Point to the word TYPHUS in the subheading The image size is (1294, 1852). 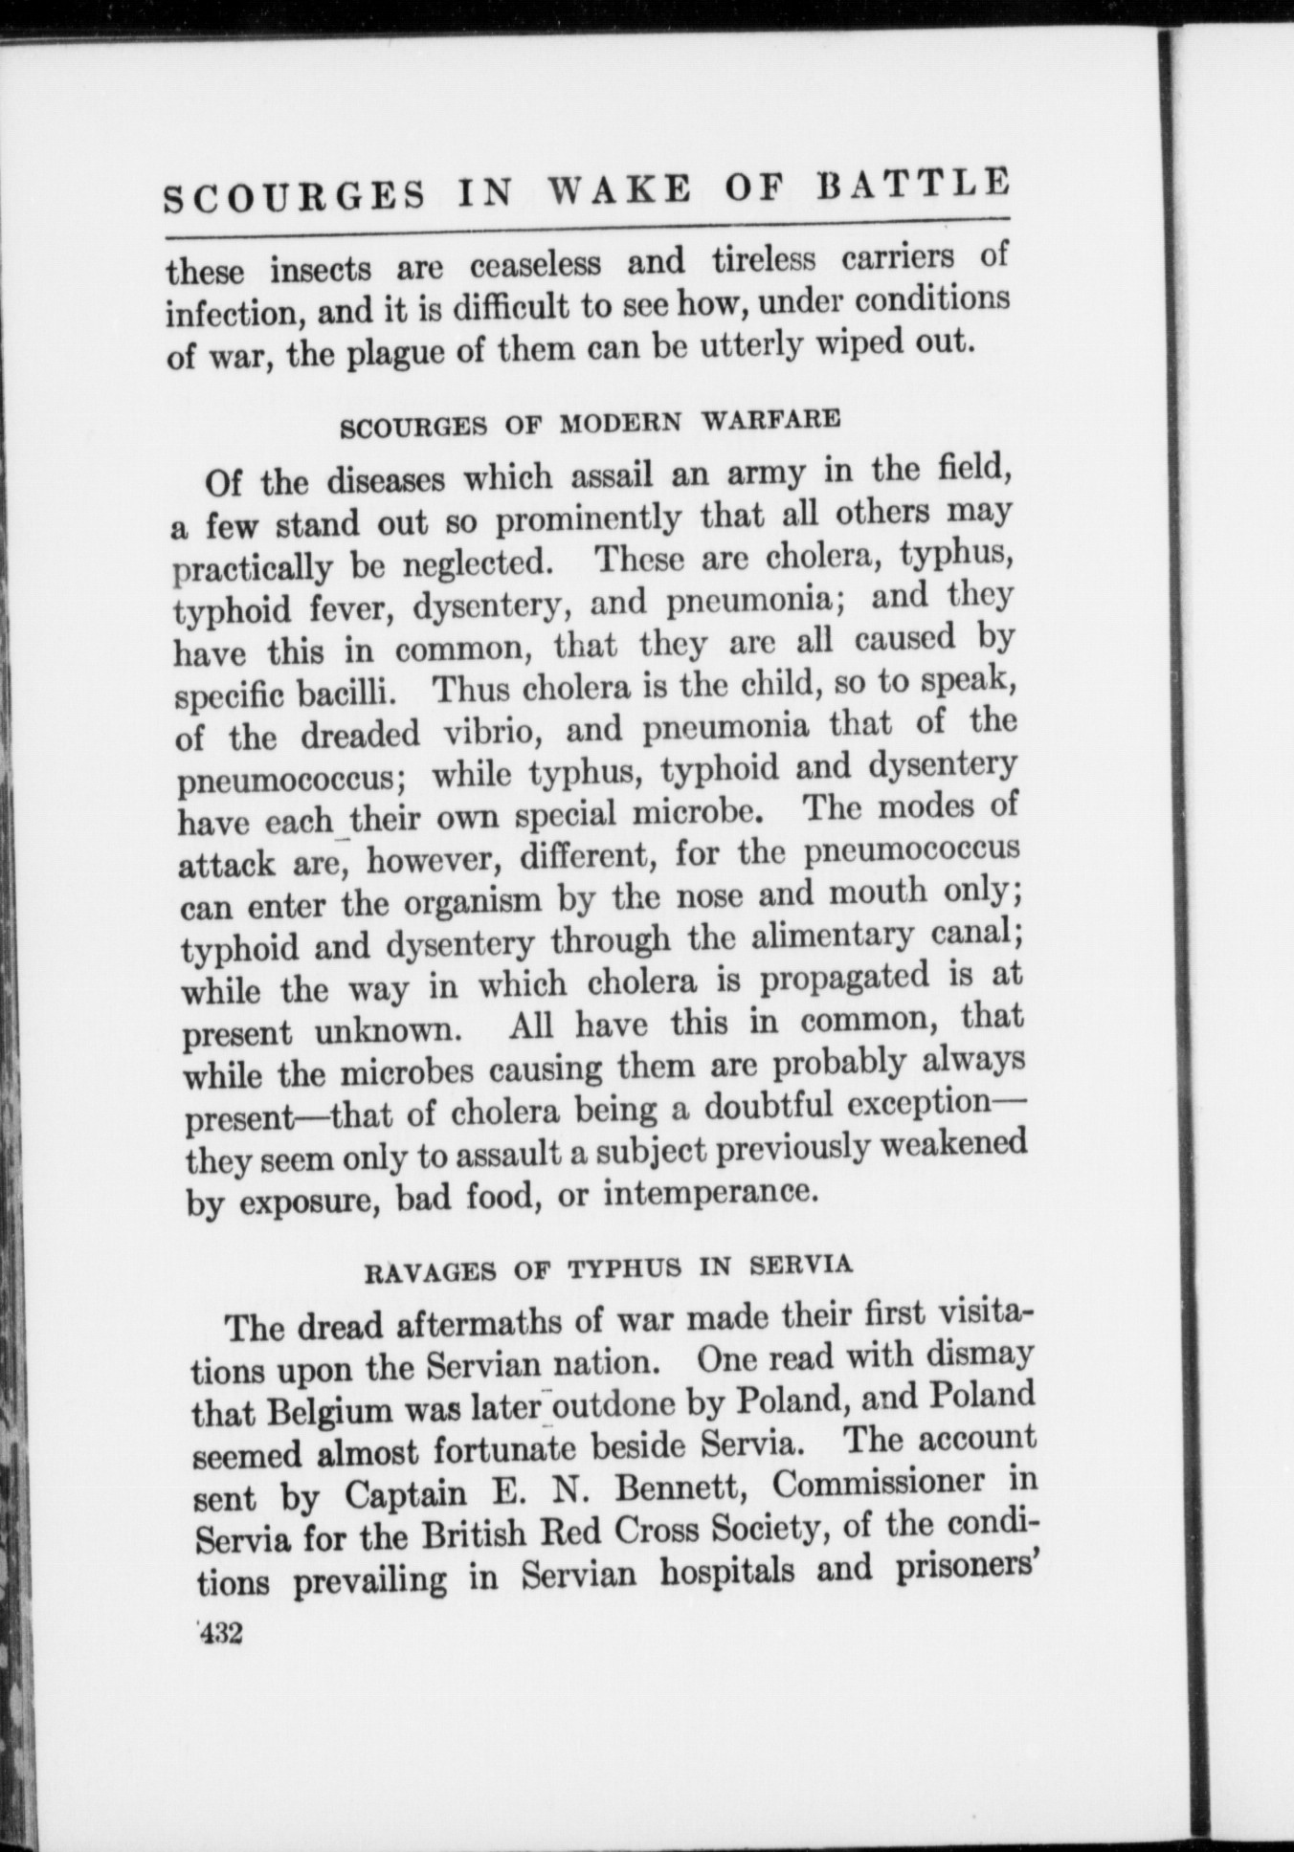[x=624, y=1268]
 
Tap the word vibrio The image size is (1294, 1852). [x=495, y=731]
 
